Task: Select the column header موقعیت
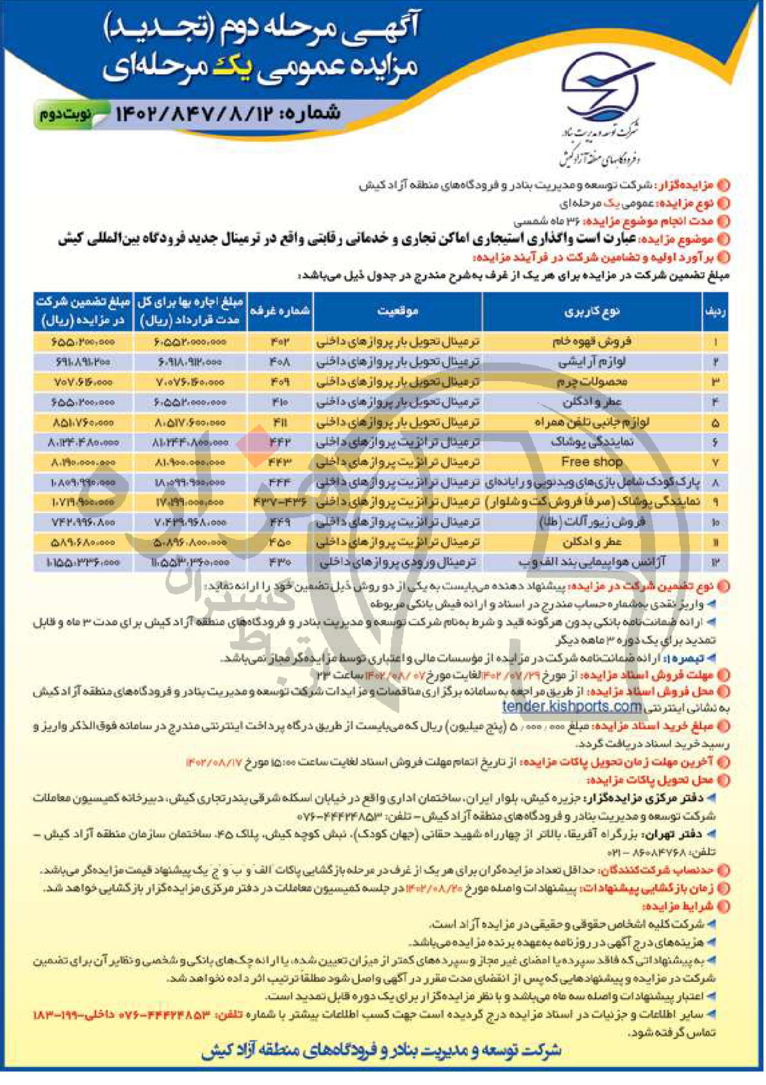[397, 311]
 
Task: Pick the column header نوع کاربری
[591, 311]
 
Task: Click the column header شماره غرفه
[279, 311]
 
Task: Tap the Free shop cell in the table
[591, 462]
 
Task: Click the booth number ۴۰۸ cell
[279, 362]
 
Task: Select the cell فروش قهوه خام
[591, 342]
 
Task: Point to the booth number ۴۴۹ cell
[279, 522]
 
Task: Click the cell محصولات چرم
[591, 382]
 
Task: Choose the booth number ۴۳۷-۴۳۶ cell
[279, 502]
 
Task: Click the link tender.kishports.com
[572, 706]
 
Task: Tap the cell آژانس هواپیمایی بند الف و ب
[591, 562]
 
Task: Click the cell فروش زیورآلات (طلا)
[591, 522]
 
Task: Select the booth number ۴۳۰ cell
[279, 562]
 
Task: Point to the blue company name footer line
[381, 1050]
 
